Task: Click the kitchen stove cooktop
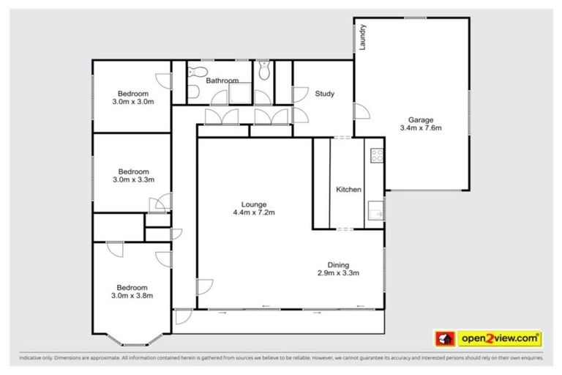coord(377,155)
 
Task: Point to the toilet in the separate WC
coord(265,71)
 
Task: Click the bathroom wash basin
coord(192,92)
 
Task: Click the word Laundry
coord(362,37)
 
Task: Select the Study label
coord(325,94)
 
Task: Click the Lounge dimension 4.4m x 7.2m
coord(254,212)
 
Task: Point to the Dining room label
coord(338,265)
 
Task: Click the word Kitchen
coord(348,190)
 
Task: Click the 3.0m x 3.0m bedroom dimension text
coord(133,102)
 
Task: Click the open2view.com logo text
coord(500,338)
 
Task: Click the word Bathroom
coord(222,81)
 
